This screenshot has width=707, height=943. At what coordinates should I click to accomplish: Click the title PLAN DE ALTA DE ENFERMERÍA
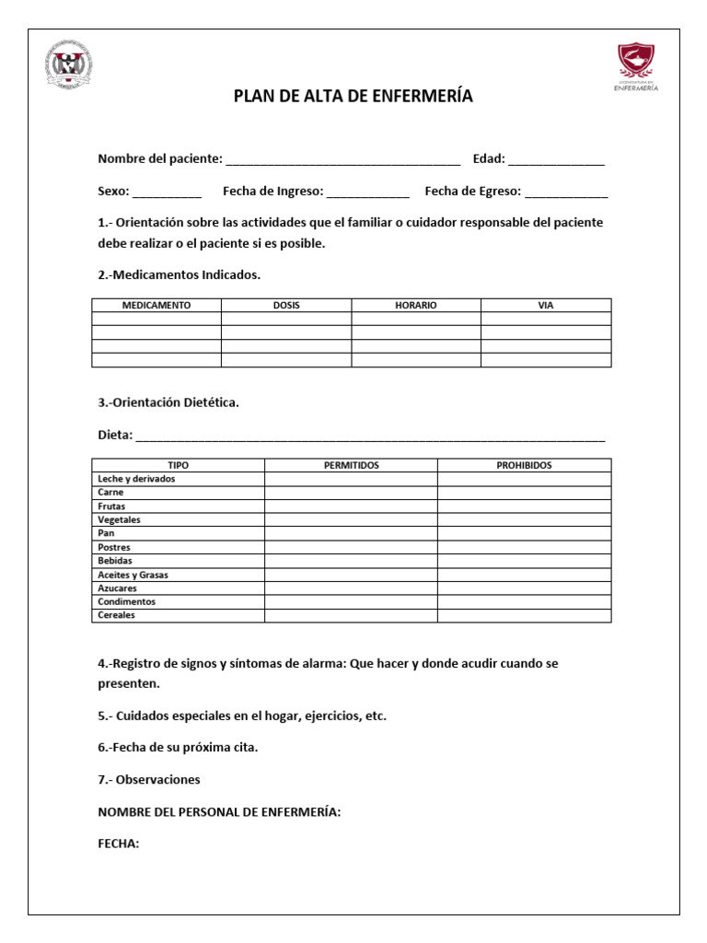(353, 97)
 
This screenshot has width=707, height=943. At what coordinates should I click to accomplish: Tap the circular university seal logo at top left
(69, 66)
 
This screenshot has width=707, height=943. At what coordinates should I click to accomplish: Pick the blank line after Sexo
(167, 193)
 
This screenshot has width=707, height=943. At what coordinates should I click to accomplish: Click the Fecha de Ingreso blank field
(367, 193)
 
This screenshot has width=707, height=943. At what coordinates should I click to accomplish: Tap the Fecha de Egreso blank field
(566, 193)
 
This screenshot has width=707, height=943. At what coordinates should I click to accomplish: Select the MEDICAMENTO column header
(156, 306)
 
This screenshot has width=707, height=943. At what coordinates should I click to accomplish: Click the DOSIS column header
(286, 306)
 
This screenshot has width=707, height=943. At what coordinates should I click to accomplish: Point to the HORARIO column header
(416, 306)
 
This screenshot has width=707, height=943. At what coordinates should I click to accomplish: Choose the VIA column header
(546, 306)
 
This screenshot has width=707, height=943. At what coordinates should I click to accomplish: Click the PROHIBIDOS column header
(524, 466)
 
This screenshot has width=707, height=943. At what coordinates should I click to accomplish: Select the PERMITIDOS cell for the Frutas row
(351, 506)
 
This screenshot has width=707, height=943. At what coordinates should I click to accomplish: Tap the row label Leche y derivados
(136, 480)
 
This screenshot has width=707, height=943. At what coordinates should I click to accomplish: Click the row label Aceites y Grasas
(133, 575)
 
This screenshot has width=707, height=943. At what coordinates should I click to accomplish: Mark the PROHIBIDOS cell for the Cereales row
(524, 615)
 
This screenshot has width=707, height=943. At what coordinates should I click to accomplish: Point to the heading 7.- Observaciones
(149, 780)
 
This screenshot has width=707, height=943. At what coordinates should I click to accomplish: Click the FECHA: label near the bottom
(119, 843)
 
